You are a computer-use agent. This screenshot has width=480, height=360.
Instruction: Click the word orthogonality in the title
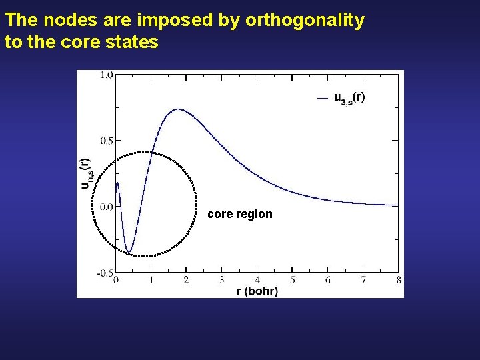coord(305,21)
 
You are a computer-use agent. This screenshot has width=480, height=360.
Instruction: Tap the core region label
coord(240,214)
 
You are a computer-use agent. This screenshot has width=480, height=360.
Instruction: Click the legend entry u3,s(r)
coord(349,98)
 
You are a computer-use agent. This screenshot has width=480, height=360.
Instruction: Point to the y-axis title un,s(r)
coord(86,173)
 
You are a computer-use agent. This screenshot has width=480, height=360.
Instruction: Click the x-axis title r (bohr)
coord(257,291)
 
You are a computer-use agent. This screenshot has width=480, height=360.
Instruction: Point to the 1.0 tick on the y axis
coord(105,75)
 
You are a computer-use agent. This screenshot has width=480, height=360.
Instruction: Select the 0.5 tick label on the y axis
coord(105,141)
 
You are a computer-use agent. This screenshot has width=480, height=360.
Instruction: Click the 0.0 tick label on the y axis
coord(105,207)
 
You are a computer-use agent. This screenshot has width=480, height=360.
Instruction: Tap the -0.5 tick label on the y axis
coord(104,273)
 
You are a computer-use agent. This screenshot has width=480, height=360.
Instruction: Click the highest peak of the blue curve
coord(179,109)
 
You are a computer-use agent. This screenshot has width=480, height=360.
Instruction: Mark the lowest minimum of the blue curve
coord(129,252)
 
